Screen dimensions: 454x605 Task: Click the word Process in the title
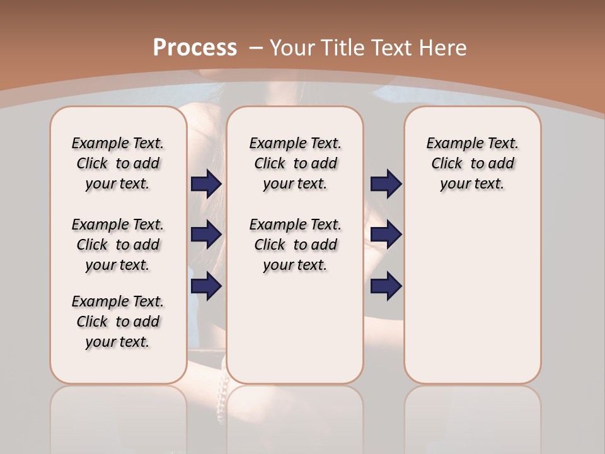[195, 47]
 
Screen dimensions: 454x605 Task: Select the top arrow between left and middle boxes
[206, 183]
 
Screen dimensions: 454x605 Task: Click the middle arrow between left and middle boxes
[206, 235]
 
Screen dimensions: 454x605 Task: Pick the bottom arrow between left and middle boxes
[206, 286]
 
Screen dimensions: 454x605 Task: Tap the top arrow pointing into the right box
[386, 183]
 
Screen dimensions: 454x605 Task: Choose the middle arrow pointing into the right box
[386, 235]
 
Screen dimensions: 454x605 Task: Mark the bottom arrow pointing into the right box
[386, 286]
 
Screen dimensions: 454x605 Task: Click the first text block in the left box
[118, 163]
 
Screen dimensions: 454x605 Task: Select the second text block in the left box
[118, 245]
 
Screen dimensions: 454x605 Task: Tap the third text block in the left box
[118, 322]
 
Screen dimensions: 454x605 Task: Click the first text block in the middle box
[295, 163]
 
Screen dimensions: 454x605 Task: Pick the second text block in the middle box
[295, 245]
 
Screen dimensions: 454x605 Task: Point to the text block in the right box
[472, 163]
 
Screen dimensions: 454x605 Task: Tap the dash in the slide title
[256, 47]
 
